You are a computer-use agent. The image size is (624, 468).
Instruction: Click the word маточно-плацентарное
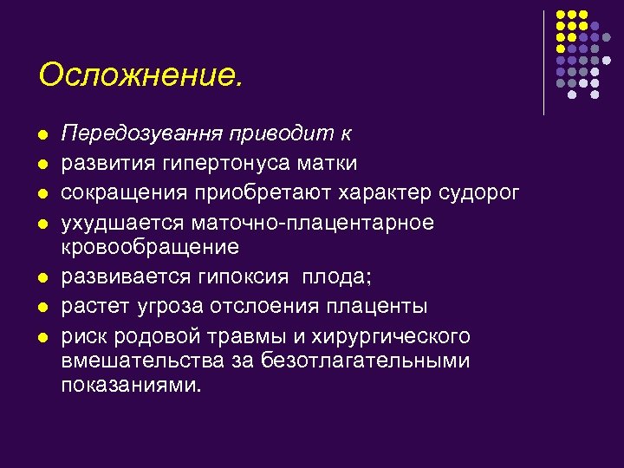point(311,222)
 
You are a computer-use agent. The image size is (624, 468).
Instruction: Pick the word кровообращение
point(149,248)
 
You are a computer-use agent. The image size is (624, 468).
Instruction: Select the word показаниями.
point(130,385)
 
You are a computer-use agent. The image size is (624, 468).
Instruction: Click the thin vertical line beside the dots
point(543,62)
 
